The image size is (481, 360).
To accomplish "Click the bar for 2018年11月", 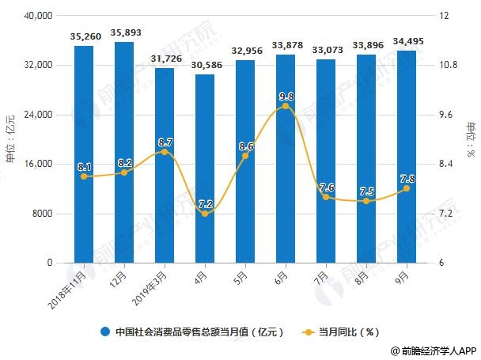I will pyautogui.click(x=84, y=154).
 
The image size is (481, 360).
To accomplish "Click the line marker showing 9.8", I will pyautogui.click(x=286, y=106).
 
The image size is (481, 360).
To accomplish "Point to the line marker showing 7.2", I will pyautogui.click(x=205, y=214).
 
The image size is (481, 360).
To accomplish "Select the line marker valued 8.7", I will pyautogui.click(x=165, y=151).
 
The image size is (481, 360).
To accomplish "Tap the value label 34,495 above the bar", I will pyautogui.click(x=407, y=41).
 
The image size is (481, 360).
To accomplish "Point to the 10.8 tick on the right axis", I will pyautogui.click(x=449, y=65).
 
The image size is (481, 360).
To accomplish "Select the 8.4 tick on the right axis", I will pyautogui.click(x=447, y=164).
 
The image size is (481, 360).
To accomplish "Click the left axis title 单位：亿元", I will pyautogui.click(x=10, y=140).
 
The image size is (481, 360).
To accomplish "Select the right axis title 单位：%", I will pyautogui.click(x=471, y=140).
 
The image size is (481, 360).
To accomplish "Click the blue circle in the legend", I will pyautogui.click(x=104, y=332).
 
